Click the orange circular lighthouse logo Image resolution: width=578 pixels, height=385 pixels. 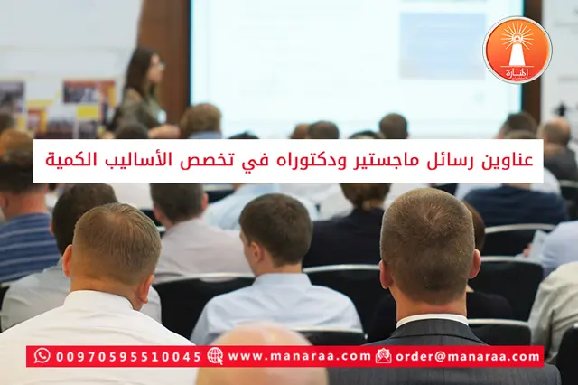517,50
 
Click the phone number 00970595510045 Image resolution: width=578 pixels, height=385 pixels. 128,356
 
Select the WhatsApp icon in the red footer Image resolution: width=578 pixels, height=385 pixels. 42,356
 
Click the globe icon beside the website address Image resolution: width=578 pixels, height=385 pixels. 215,356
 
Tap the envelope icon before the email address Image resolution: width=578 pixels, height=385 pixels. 384,356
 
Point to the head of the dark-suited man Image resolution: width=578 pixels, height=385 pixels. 427,245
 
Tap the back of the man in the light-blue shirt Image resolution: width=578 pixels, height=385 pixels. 275,307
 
